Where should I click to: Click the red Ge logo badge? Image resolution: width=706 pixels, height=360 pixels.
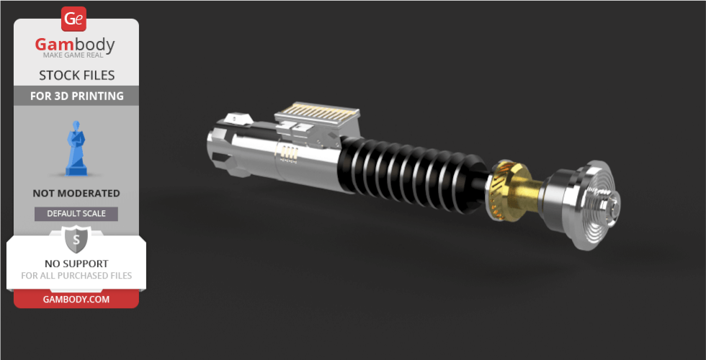pos(73,19)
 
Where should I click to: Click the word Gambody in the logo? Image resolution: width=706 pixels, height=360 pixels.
pos(75,45)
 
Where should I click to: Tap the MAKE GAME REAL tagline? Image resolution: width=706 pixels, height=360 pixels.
pos(73,55)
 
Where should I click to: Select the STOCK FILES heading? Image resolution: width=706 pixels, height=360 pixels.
pos(76,75)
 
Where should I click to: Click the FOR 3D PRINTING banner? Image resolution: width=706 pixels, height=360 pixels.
pos(76,96)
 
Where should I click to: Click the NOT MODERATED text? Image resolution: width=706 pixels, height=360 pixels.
pos(76,194)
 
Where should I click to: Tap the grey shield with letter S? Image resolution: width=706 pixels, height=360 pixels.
pos(76,240)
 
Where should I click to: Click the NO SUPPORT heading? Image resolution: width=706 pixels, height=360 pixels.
pos(76,264)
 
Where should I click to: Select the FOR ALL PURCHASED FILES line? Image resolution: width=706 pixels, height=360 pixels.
pos(76,275)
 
